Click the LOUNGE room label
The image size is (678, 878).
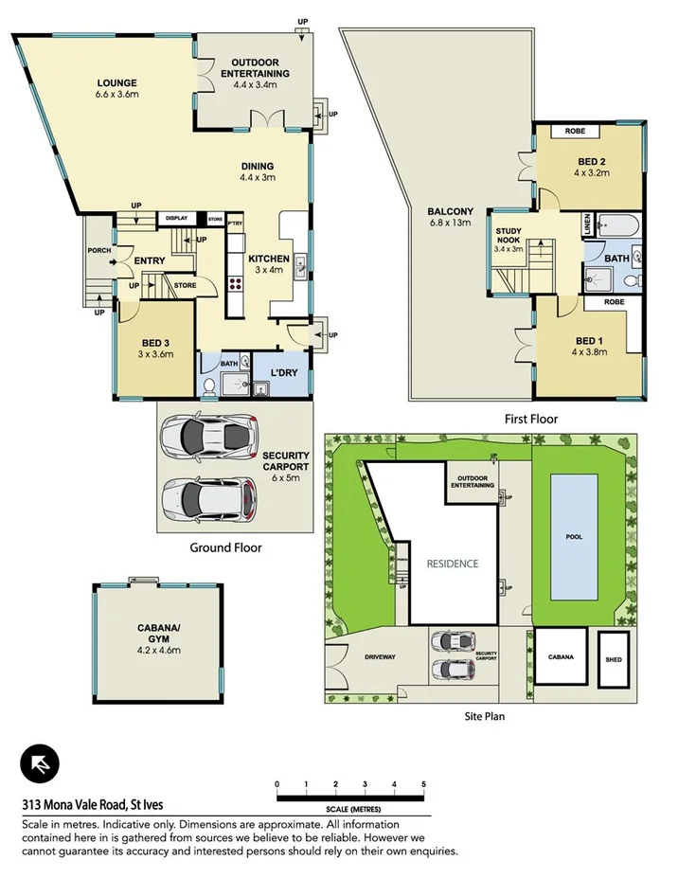116,88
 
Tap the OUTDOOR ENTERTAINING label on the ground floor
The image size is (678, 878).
255,74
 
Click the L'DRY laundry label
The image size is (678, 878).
283,372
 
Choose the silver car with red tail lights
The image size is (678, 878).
210,499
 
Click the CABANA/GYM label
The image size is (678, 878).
159,643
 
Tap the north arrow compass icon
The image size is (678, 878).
40,763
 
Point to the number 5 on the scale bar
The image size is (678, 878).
423,784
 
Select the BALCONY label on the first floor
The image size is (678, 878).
444,217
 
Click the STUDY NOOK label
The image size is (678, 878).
508,243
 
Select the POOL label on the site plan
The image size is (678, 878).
575,535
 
